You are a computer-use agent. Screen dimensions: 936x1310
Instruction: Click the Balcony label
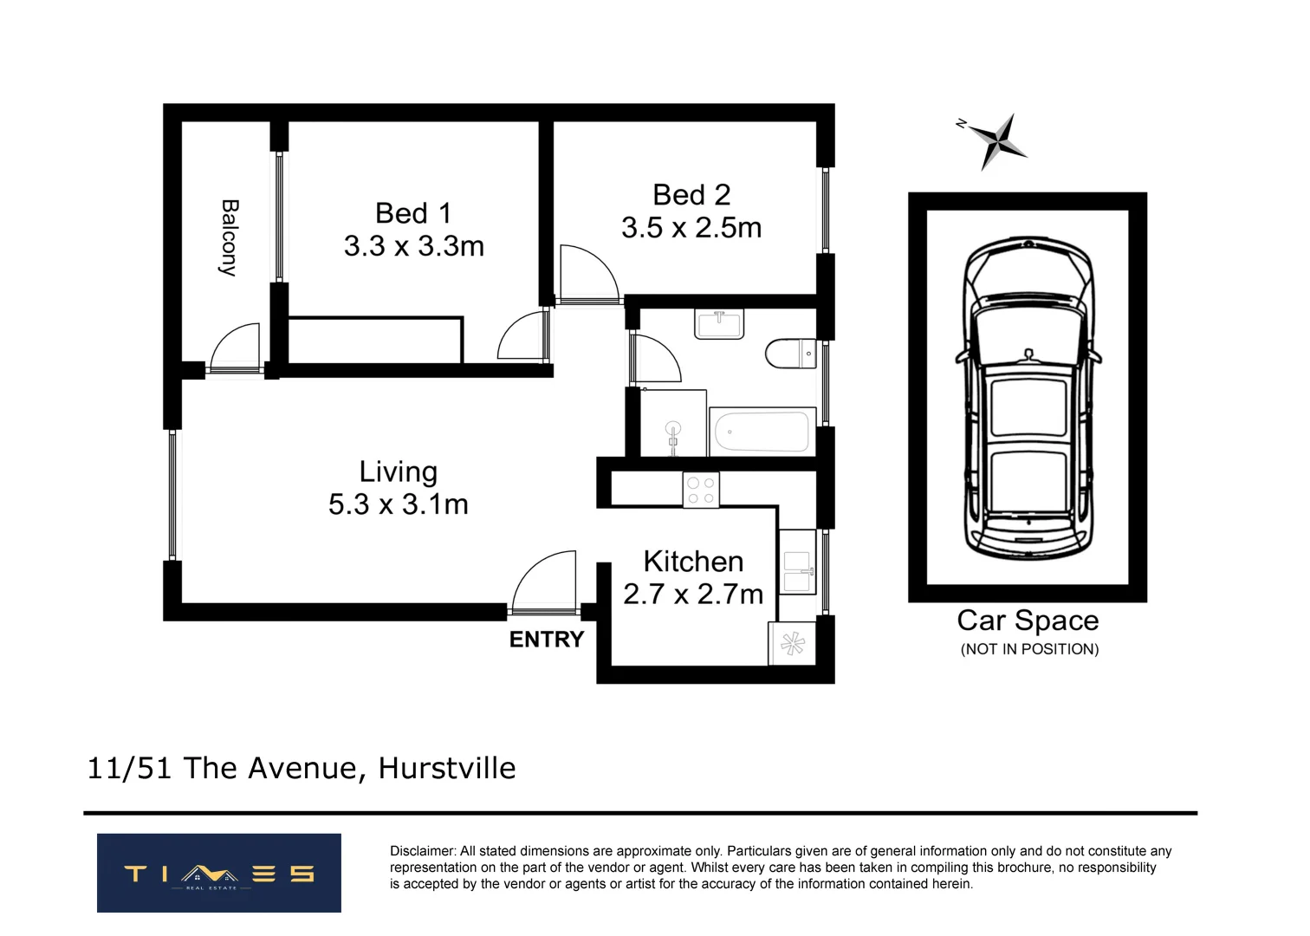[229, 237]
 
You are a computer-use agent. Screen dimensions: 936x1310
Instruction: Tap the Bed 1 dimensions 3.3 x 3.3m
[413, 246]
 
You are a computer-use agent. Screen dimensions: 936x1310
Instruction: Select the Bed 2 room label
[691, 195]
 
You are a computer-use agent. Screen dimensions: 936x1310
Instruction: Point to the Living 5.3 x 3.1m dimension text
[398, 504]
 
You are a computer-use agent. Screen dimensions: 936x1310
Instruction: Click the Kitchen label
[693, 562]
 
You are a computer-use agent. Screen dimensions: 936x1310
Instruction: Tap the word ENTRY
[546, 640]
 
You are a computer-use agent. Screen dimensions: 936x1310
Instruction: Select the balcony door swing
[236, 348]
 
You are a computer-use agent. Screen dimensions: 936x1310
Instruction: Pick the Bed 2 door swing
[589, 273]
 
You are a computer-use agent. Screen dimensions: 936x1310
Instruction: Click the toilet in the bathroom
[790, 354]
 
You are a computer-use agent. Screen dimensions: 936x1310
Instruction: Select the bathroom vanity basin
[719, 325]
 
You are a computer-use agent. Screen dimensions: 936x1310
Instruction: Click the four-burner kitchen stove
[700, 490]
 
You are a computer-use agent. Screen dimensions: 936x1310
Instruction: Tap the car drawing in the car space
[1028, 399]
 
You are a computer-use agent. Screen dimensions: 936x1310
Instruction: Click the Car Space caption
[1028, 621]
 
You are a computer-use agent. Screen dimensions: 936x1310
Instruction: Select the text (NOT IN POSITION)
[1029, 649]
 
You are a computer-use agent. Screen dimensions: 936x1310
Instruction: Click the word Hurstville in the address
[447, 768]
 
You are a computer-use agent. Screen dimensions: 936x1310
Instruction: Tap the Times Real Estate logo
[218, 873]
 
